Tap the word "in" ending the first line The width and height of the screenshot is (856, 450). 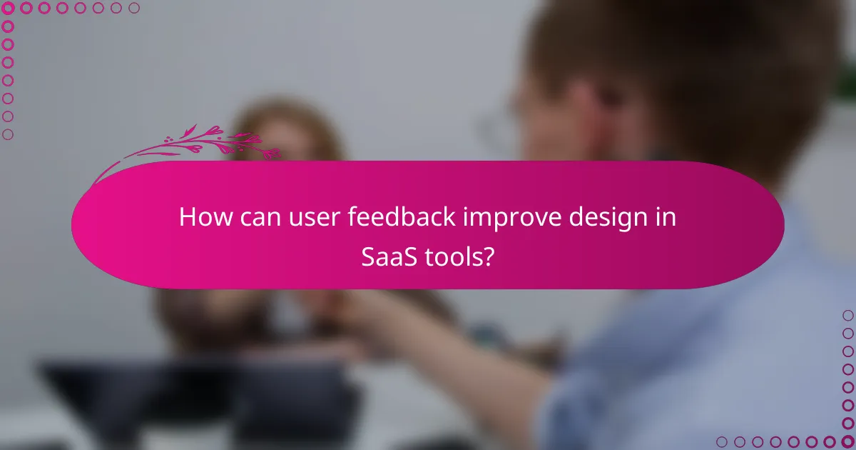[666, 217]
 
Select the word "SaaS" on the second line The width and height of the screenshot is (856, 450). [389, 255]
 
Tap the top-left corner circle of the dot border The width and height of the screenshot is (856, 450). [8, 8]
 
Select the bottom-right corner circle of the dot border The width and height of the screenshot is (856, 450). [848, 442]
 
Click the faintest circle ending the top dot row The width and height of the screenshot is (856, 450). [134, 8]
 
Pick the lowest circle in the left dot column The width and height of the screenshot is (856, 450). [8, 134]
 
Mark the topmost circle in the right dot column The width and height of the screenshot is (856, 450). [848, 315]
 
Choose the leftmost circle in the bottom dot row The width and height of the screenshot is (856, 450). [722, 442]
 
